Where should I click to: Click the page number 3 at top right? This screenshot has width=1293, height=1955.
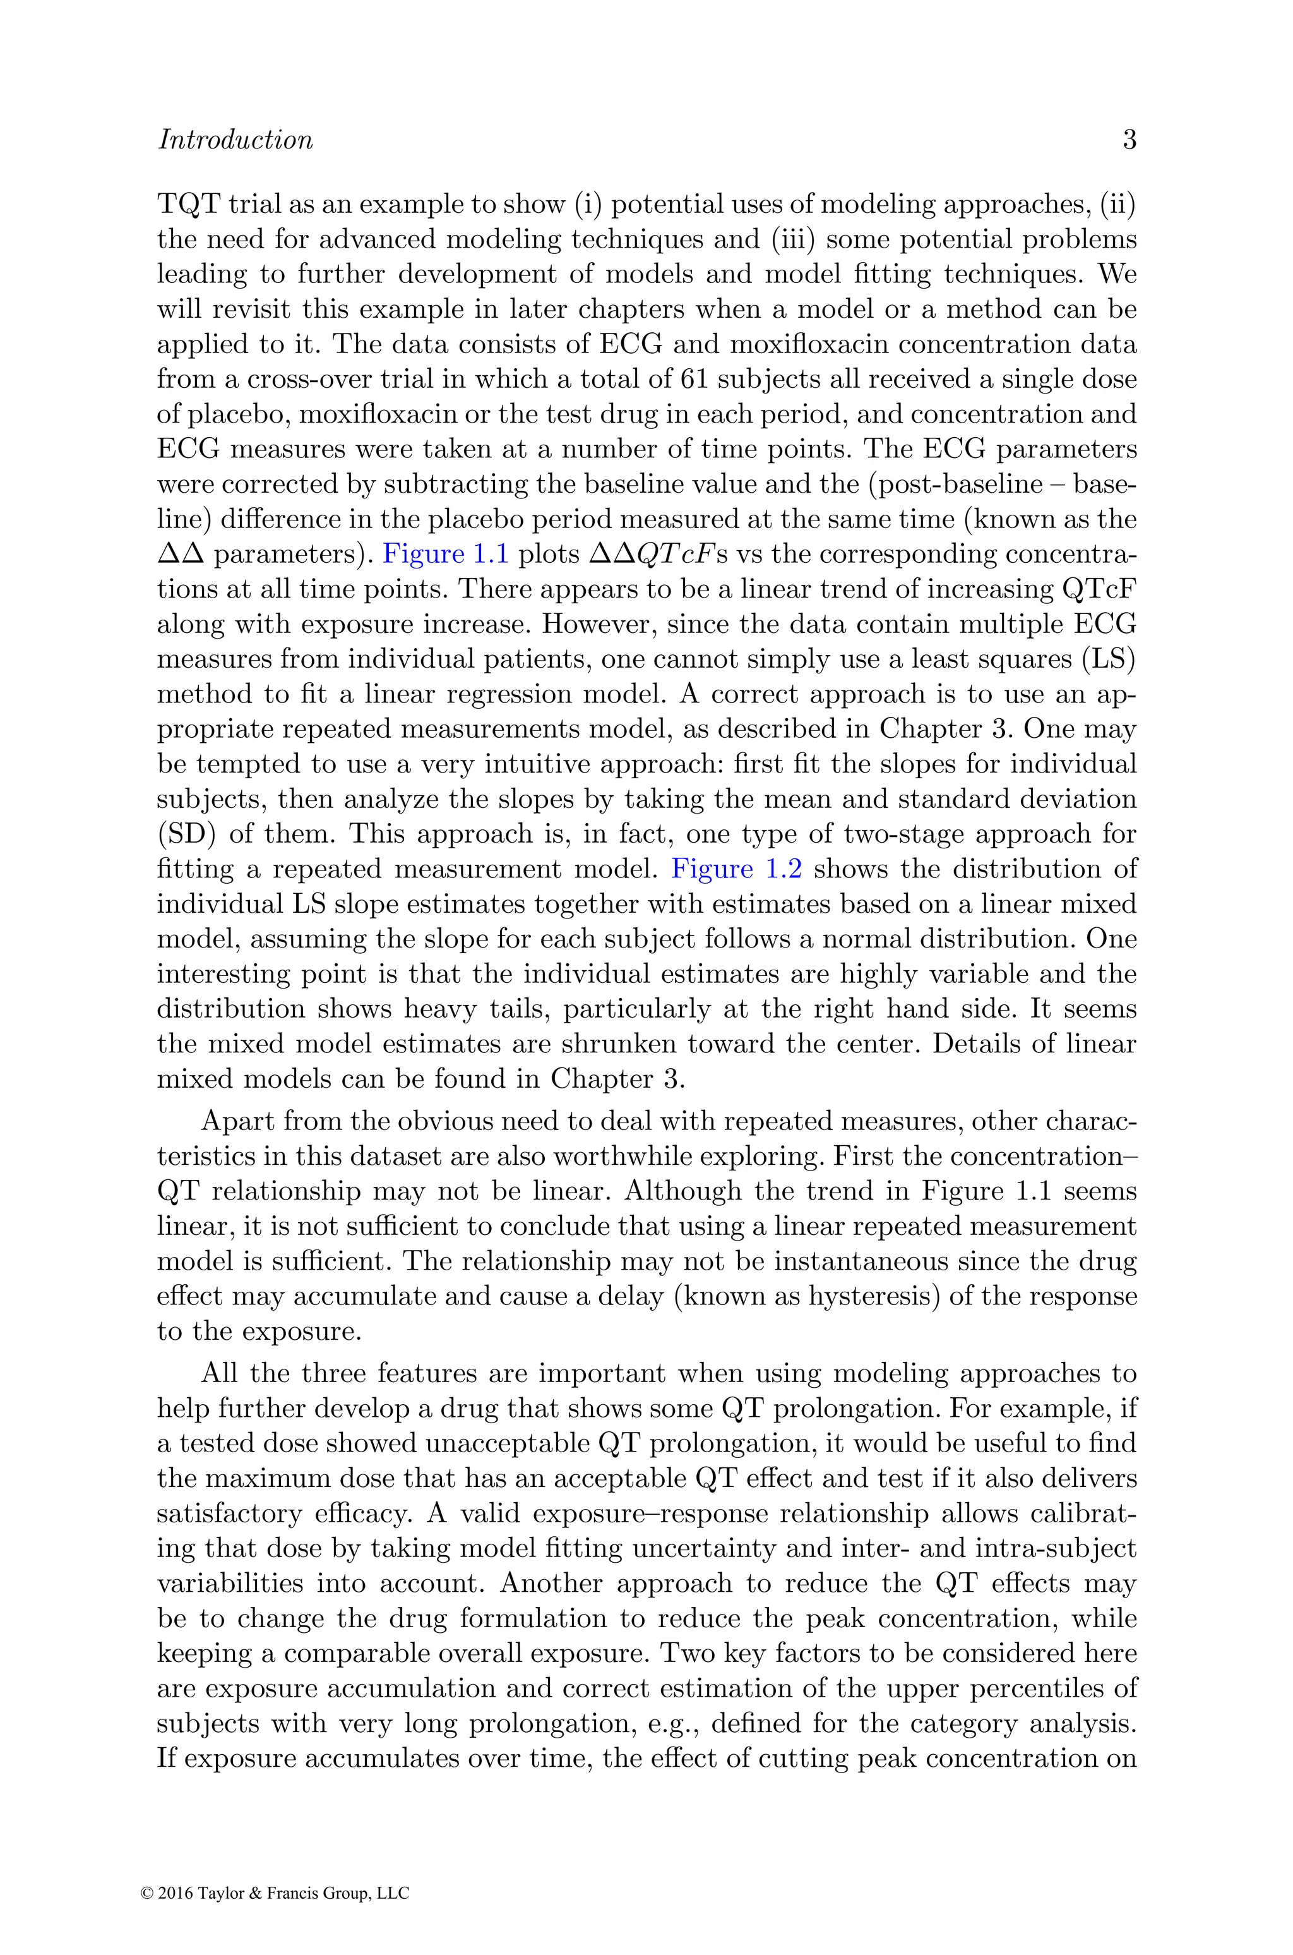point(1129,140)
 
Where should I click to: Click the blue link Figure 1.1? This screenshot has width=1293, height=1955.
point(445,555)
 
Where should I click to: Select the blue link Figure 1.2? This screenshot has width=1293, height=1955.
point(736,869)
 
